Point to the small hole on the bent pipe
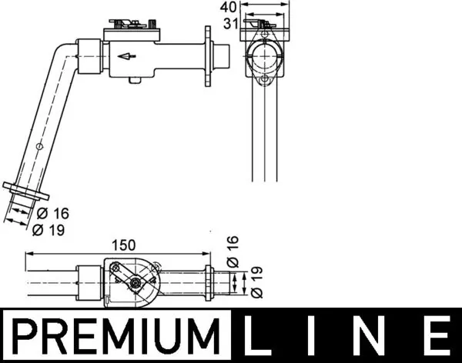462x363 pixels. (38, 146)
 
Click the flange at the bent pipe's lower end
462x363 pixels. (25, 192)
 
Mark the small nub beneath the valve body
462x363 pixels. (136, 80)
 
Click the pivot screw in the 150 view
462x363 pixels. (136, 285)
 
